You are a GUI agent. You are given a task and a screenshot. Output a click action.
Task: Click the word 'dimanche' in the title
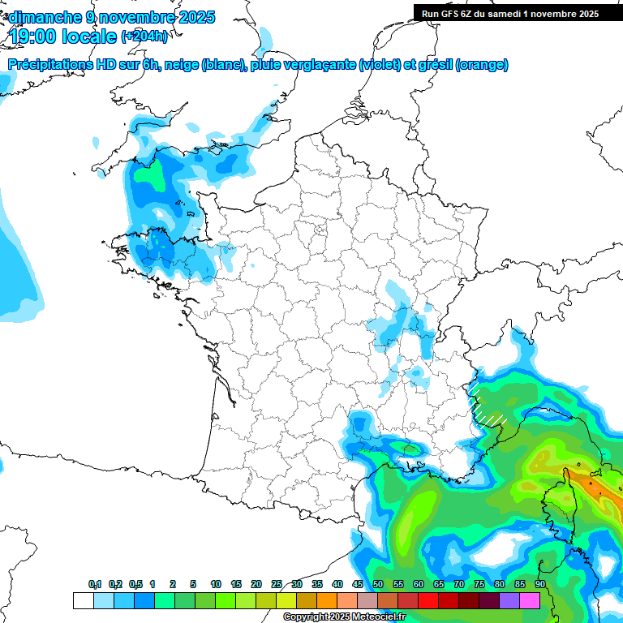(44, 17)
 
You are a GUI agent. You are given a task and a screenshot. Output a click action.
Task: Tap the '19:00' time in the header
(35, 36)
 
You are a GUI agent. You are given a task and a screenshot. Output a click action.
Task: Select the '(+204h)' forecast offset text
(144, 37)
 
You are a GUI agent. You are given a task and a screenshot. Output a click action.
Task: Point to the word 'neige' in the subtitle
(181, 65)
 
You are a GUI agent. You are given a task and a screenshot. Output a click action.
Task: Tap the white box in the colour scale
(83, 600)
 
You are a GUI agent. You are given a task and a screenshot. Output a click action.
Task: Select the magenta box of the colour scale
(530, 600)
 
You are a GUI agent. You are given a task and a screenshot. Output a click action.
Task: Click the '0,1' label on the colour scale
(95, 585)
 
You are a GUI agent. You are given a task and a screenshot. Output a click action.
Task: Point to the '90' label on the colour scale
(540, 585)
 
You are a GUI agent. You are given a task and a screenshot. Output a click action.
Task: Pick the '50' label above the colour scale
(378, 585)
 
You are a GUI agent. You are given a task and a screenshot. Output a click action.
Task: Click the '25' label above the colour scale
(277, 585)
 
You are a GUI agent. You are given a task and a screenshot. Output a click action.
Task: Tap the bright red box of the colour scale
(428, 600)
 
